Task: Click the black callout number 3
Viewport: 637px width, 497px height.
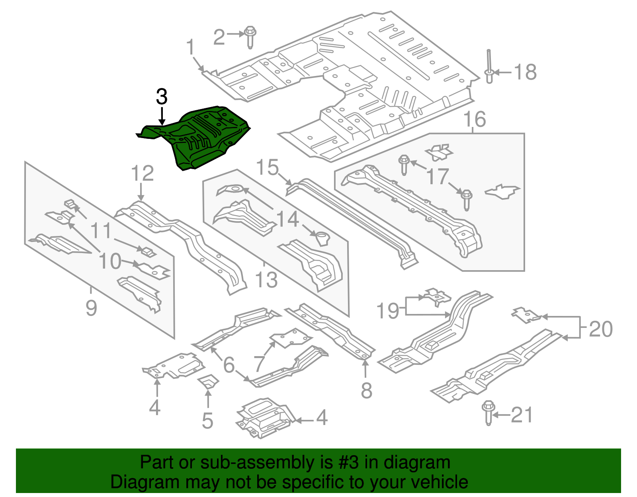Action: (161, 97)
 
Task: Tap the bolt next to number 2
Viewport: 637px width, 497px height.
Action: (250, 36)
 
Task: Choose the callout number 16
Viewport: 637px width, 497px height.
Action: (475, 119)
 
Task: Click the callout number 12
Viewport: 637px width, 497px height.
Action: (142, 173)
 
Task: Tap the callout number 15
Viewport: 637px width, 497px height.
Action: (267, 167)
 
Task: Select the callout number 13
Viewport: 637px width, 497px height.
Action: (266, 279)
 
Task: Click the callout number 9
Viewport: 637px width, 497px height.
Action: (91, 308)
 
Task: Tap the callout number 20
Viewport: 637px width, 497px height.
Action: (600, 329)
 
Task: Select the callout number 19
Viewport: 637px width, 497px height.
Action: (388, 311)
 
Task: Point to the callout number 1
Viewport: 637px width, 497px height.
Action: (191, 47)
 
